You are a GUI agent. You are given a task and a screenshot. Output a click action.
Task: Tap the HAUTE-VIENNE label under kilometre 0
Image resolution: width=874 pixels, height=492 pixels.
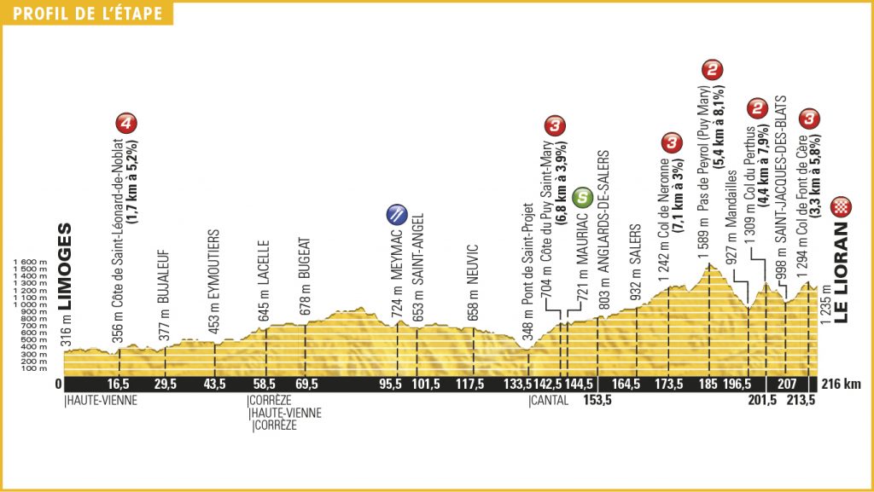click(x=100, y=400)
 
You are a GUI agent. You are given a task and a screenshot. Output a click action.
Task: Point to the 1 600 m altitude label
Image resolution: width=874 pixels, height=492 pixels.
click(x=30, y=263)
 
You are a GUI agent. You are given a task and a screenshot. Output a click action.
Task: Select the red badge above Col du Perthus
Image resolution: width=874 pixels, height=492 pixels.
click(x=756, y=107)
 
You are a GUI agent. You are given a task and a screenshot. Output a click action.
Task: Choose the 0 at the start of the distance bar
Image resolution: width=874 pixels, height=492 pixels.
click(x=57, y=385)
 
